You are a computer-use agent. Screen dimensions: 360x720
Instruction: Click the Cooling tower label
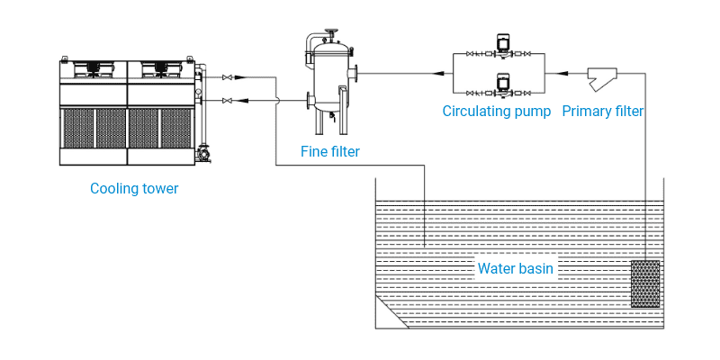[x=134, y=189]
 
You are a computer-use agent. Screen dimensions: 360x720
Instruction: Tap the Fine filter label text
[x=330, y=152]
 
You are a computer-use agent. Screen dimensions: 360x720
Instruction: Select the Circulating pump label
[x=497, y=112]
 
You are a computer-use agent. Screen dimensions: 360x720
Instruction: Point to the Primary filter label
[x=603, y=112]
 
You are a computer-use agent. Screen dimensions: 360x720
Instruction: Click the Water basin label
[x=515, y=268]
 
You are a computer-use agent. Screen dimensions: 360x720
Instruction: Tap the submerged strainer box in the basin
[x=645, y=284]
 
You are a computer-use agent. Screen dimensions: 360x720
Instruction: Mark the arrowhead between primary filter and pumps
[x=562, y=73]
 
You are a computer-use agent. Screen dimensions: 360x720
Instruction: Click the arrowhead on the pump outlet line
[x=442, y=73]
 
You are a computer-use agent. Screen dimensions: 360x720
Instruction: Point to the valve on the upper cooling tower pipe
[x=226, y=77]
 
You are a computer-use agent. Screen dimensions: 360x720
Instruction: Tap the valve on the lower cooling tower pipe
[x=226, y=100]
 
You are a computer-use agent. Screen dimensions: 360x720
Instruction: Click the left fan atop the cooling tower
[x=93, y=67]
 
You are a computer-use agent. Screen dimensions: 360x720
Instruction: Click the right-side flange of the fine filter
[x=357, y=73]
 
